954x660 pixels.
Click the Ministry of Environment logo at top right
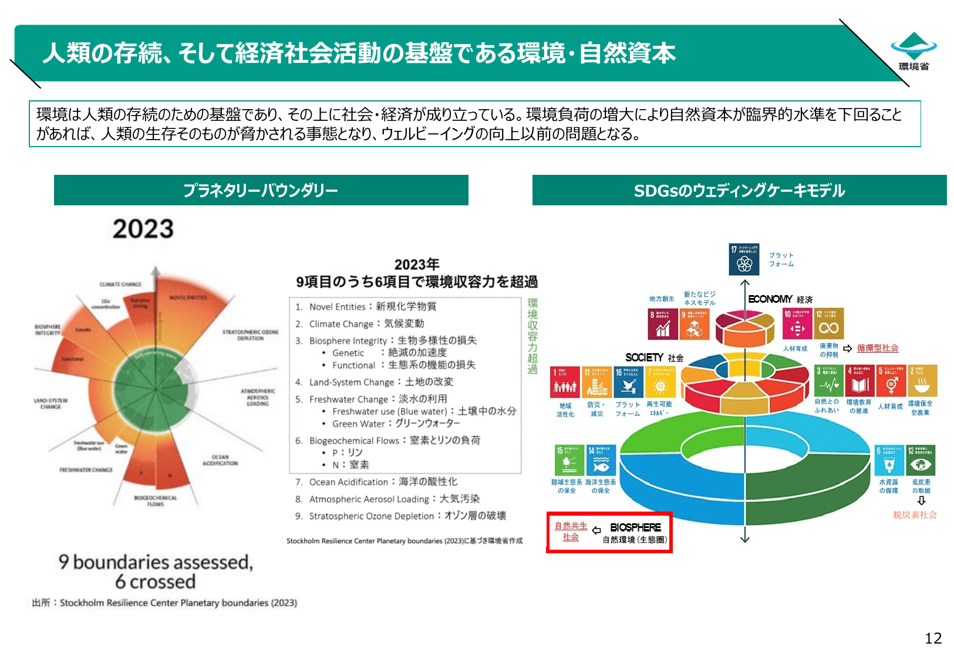(x=913, y=52)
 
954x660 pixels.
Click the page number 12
(x=933, y=638)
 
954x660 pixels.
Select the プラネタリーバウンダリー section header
(x=261, y=190)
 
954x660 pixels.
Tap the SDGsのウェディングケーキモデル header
(x=739, y=190)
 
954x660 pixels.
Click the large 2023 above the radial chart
(x=143, y=229)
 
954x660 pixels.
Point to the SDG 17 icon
(x=744, y=259)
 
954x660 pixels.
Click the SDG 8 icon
(x=663, y=324)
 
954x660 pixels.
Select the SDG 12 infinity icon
(x=829, y=324)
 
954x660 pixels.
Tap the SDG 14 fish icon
(x=601, y=460)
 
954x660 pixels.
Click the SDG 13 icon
(x=921, y=460)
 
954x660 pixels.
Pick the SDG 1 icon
(x=565, y=381)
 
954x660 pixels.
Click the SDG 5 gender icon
(x=891, y=381)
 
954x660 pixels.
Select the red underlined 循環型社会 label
(x=877, y=348)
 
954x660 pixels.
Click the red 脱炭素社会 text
(x=915, y=515)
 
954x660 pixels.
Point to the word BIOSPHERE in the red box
(x=635, y=527)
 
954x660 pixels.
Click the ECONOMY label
(x=770, y=299)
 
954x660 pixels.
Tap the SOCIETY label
(x=645, y=357)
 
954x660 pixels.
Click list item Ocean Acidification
(x=376, y=482)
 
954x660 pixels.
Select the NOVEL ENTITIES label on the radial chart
(x=188, y=297)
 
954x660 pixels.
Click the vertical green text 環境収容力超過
(x=532, y=336)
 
